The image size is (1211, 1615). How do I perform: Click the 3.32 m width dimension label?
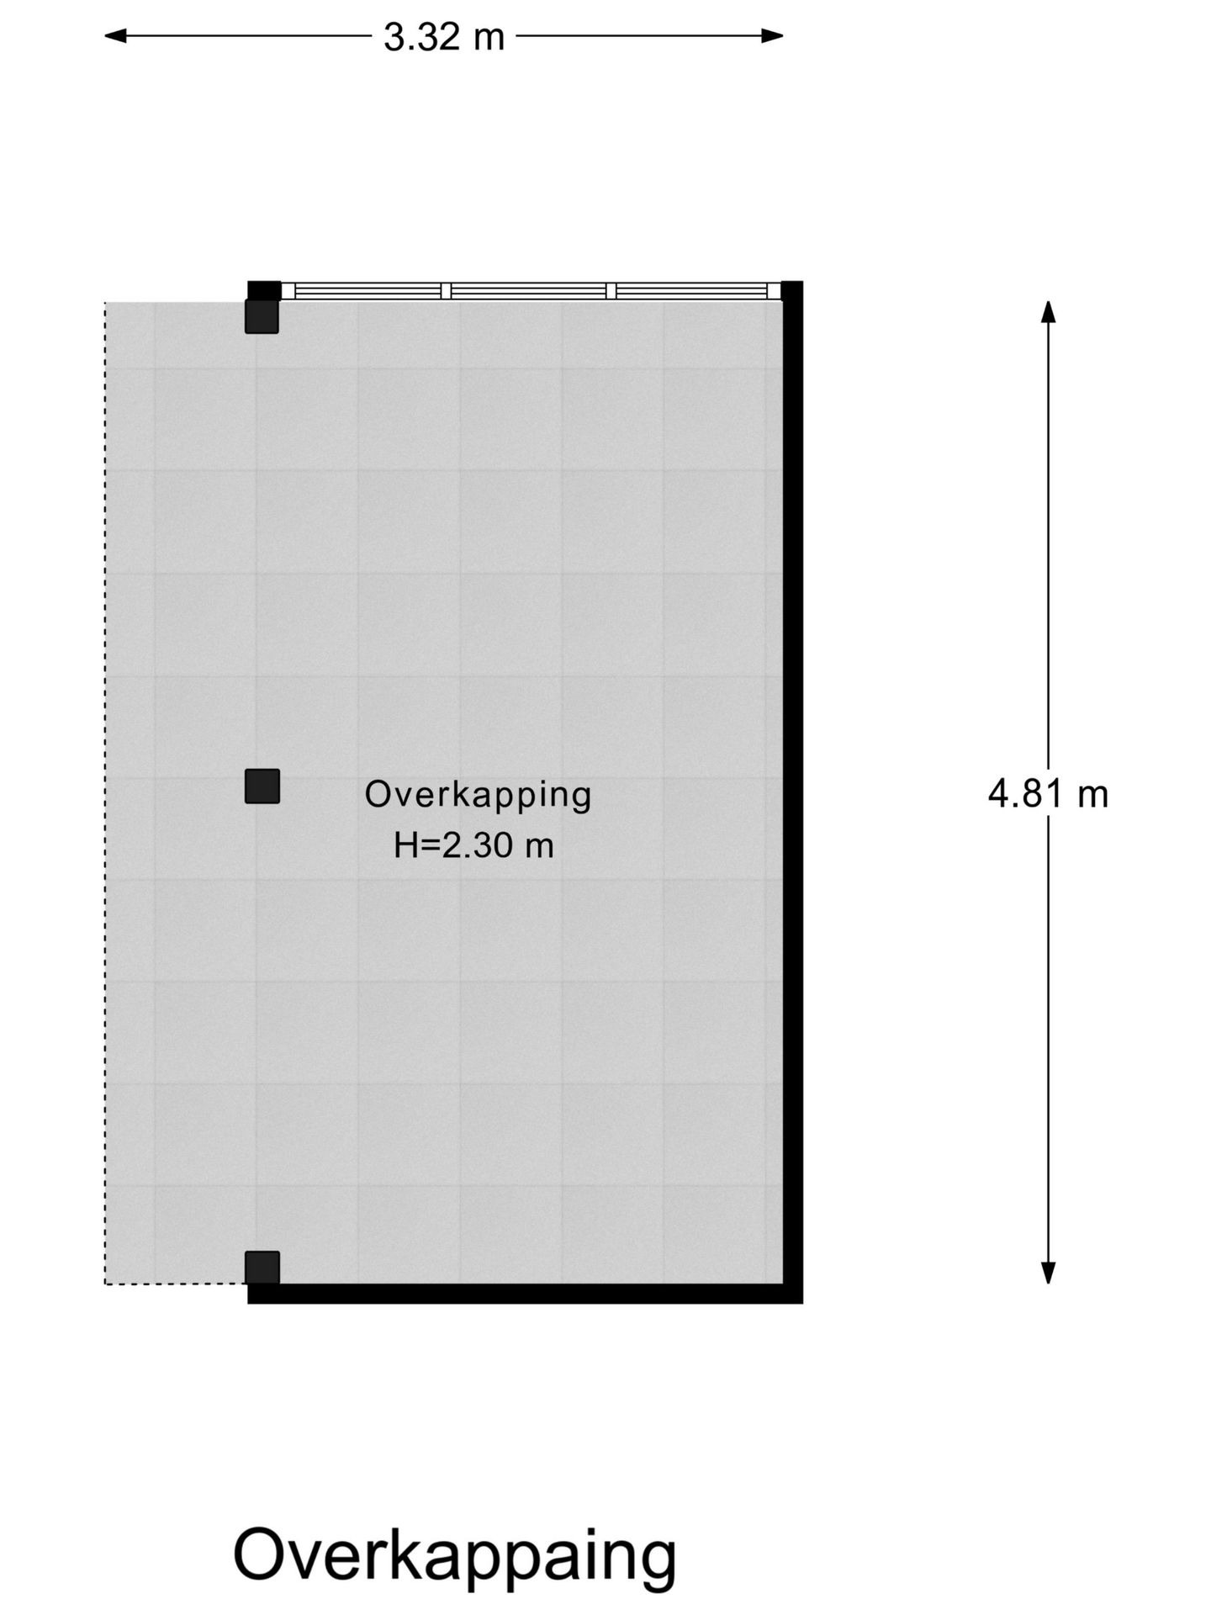point(444,37)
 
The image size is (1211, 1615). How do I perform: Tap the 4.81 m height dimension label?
point(1048,794)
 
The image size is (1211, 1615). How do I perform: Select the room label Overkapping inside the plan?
point(478,795)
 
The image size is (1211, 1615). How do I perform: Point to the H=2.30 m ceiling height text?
point(473,845)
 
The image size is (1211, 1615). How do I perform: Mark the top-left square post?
point(262,316)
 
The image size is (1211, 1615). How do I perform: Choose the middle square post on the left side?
point(262,786)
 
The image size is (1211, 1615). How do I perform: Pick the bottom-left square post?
point(262,1268)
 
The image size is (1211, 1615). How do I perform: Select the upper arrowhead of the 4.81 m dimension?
point(1048,311)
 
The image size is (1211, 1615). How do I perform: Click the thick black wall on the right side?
point(793,791)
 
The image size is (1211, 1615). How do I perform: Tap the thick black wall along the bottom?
point(521,1294)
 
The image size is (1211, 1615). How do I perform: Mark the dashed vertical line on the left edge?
point(105,791)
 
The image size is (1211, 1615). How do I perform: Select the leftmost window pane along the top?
point(368,291)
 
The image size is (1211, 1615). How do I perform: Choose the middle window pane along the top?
point(529,291)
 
